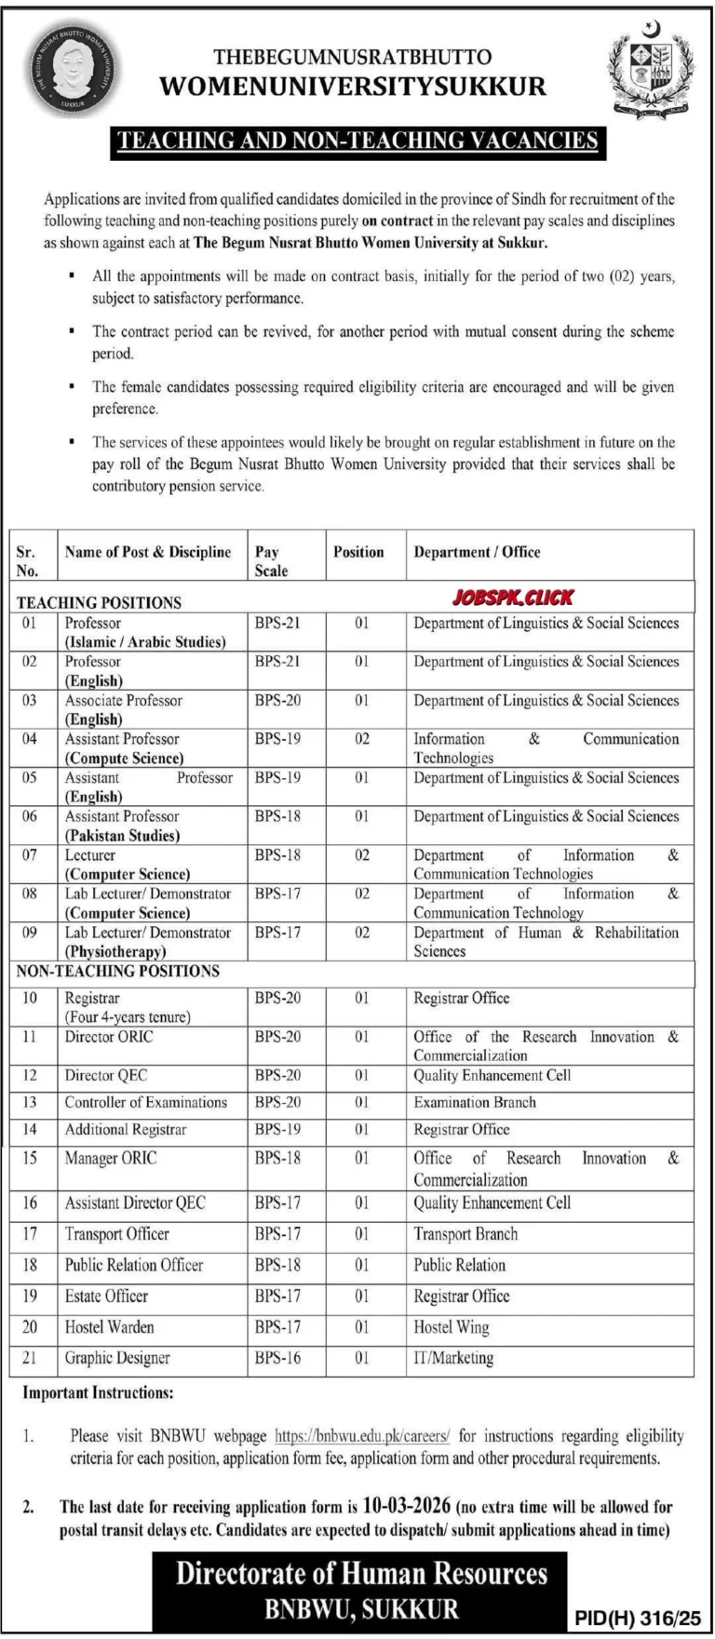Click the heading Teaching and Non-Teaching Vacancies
pos(357,141)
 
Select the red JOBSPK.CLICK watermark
pos(515,598)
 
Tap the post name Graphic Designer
pos(117,1358)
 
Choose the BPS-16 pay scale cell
pos(278,1358)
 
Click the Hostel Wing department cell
pos(452,1327)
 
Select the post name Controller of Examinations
pos(146,1102)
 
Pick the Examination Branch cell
pos(475,1102)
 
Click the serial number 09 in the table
pos(30,933)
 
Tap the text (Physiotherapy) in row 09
pos(115,951)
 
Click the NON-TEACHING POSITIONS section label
pos(118,971)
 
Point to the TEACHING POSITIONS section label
pos(99,603)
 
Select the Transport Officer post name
pos(117,1234)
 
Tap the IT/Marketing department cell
pos(453,1358)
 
